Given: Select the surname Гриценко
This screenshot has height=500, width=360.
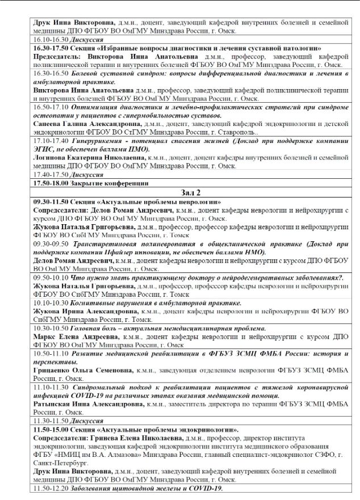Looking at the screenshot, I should pos(53,369).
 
